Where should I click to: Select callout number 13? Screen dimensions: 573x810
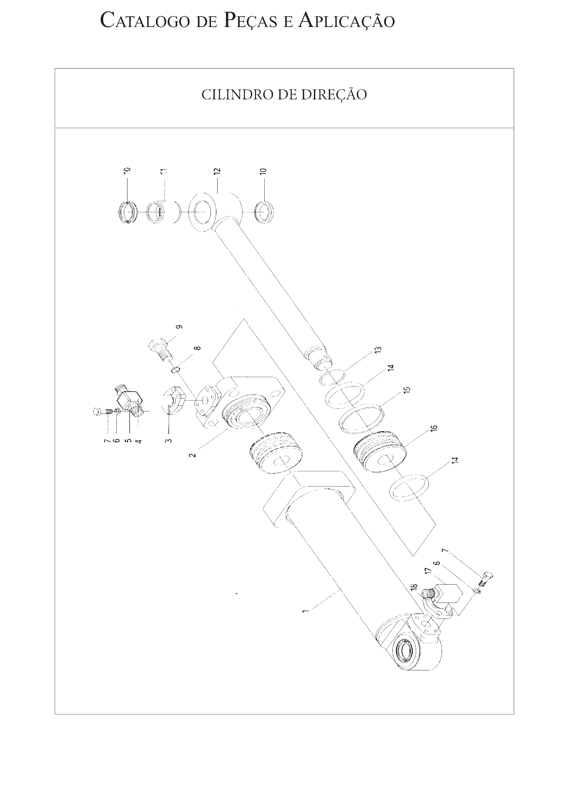[378, 350]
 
